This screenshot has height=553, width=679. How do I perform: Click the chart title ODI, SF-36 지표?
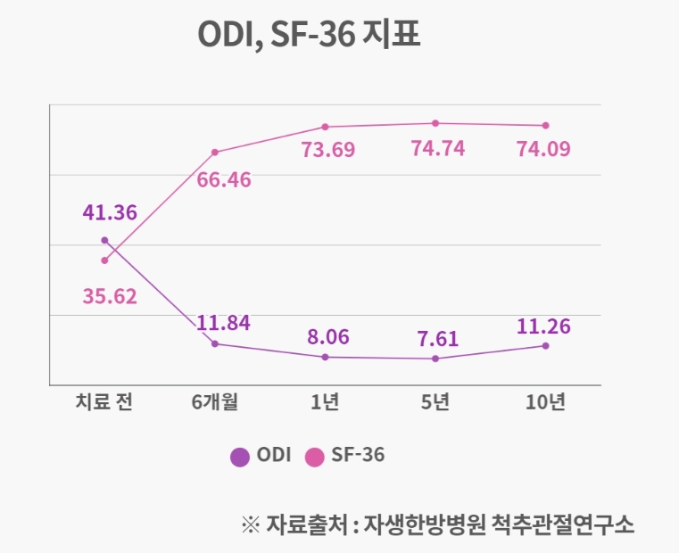coord(308,37)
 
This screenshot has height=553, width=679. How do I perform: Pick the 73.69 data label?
coord(328,149)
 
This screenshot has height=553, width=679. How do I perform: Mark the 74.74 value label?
coord(437,148)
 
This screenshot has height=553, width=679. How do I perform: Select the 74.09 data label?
coord(544,149)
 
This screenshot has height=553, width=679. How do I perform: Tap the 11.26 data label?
coord(543,326)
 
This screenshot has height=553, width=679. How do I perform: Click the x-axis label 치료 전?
coord(104,402)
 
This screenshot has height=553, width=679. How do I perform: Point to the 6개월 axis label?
coord(215,402)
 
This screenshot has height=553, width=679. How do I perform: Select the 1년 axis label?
coord(325,402)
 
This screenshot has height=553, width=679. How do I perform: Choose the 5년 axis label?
coord(435,402)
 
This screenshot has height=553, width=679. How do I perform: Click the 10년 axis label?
coord(545,402)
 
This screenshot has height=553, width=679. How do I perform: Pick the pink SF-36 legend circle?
coord(314,456)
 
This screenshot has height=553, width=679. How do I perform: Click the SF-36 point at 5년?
coord(435,123)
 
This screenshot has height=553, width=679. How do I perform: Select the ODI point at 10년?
coord(545,346)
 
